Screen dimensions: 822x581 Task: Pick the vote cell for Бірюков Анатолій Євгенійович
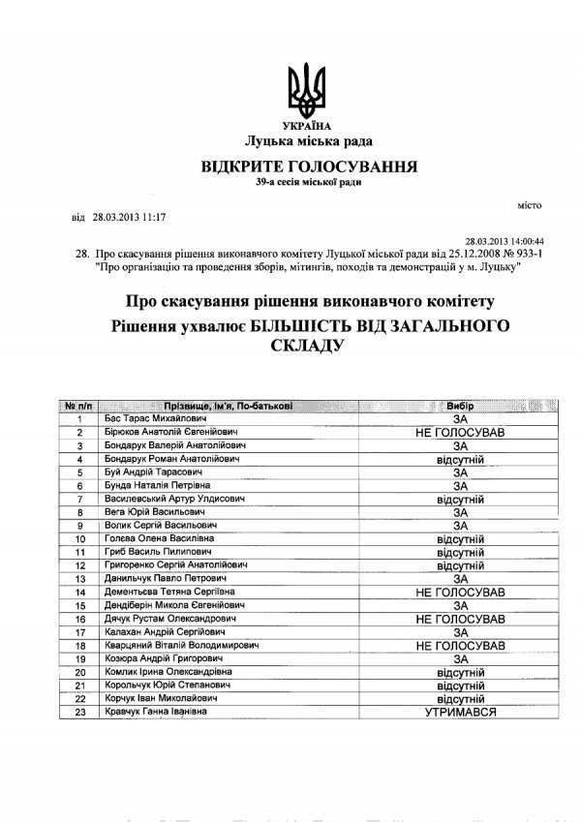point(460,431)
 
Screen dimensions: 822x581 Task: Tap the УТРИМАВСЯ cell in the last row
point(460,712)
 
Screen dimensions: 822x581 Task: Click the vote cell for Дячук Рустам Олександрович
point(460,618)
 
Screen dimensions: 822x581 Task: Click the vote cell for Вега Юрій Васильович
point(460,511)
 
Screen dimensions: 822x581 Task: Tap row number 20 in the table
point(80,671)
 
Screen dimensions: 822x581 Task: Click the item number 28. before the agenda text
point(81,254)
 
